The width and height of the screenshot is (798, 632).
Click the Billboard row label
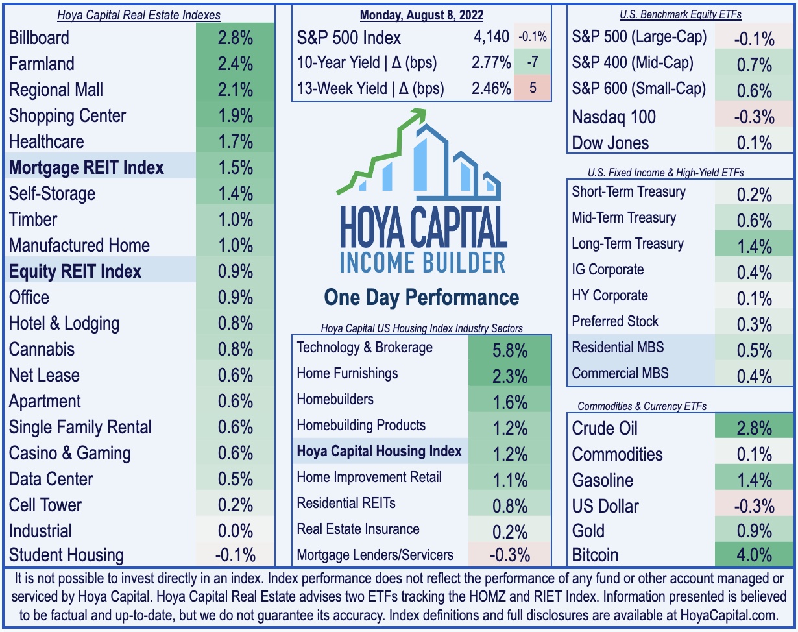(39, 38)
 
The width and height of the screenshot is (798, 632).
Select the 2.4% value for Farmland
(235, 64)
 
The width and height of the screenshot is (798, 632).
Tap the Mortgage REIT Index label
(86, 167)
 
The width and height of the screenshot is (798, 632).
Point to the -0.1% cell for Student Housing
(235, 555)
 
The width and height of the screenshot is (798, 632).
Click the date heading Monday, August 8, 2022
(422, 15)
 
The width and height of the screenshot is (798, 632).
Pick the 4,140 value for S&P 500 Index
(491, 37)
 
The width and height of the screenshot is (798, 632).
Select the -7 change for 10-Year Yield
(533, 62)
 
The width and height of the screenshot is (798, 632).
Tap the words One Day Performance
(422, 297)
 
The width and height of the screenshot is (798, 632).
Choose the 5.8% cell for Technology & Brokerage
(510, 350)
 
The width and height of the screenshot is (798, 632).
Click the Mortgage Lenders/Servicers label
(375, 555)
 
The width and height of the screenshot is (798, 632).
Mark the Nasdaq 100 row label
(614, 117)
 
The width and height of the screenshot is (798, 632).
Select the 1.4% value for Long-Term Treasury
(755, 247)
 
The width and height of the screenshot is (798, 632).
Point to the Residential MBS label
(618, 347)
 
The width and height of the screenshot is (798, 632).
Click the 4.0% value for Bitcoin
(755, 555)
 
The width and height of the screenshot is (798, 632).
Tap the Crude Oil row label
(605, 428)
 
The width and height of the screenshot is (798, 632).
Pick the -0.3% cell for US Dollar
(755, 506)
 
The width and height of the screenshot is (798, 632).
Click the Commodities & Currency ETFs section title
(642, 406)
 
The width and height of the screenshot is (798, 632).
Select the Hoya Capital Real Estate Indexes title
(139, 15)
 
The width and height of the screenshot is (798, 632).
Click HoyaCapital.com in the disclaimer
(729, 616)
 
